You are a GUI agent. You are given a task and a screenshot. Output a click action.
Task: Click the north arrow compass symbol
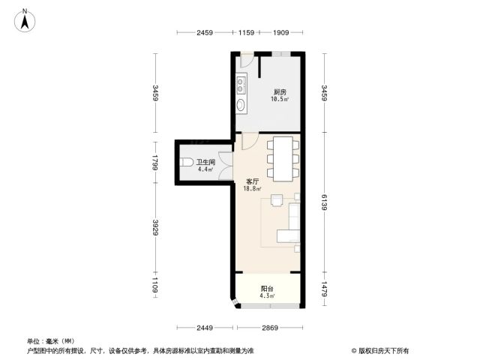coord(25,21)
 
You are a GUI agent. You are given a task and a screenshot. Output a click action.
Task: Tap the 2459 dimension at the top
coord(205,32)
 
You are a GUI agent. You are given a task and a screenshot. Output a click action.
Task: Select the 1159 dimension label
coord(246,32)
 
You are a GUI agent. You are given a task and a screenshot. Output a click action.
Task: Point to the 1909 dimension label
coord(280,32)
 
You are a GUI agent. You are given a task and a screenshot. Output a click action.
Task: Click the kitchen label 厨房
coord(280,91)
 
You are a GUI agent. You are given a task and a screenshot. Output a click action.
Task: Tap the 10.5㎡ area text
coord(280,99)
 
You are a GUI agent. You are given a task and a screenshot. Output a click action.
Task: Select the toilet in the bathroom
coord(186,162)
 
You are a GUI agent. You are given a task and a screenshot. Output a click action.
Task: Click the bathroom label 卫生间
coord(205,162)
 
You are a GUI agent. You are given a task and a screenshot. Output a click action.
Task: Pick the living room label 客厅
coord(253,181)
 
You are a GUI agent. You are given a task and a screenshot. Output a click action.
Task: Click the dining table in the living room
coord(283,159)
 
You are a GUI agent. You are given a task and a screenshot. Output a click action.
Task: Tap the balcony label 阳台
coord(267,288)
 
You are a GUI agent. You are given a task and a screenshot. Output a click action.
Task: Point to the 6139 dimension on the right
coord(325,202)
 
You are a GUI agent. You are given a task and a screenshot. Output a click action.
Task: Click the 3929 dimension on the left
coord(155,227)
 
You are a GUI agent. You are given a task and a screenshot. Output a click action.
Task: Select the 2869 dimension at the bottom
coord(270,328)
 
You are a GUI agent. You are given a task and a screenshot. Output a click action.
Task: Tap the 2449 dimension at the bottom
coord(205,328)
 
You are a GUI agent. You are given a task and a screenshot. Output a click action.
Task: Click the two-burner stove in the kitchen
coord(241,85)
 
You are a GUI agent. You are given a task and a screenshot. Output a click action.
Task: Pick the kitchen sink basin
coord(241,105)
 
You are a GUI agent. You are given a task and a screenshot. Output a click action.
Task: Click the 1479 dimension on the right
coord(325,289)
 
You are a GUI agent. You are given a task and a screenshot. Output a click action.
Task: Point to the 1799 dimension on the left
coord(155,163)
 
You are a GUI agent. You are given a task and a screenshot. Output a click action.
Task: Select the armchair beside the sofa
coord(277,200)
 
